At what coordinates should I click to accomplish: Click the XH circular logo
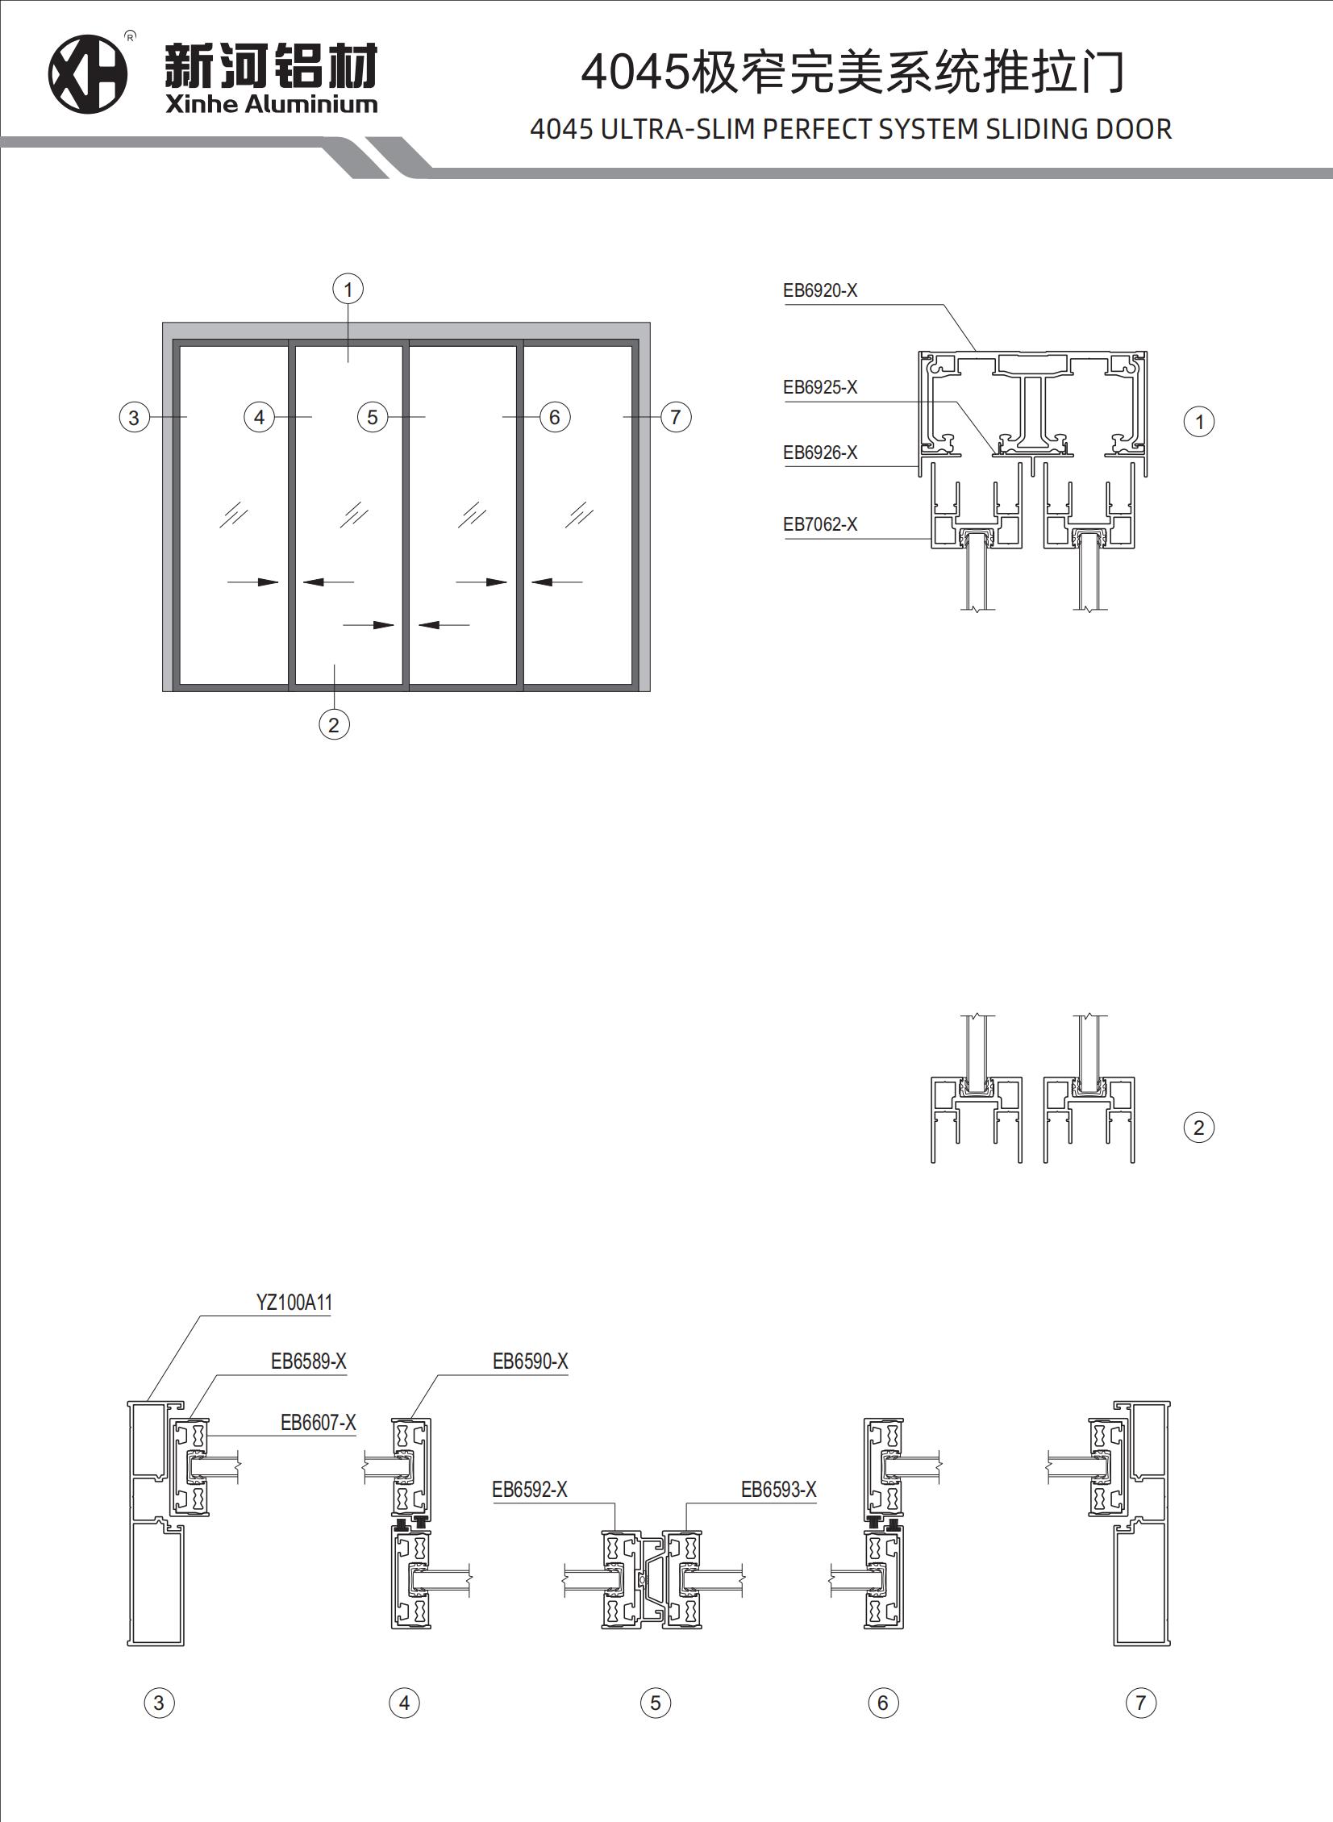(88, 74)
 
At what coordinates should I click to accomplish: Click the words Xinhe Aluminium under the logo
(271, 104)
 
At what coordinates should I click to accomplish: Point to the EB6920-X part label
(820, 290)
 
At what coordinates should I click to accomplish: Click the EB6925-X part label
(820, 387)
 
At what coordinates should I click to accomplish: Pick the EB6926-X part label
(820, 452)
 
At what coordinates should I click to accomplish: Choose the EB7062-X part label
(820, 524)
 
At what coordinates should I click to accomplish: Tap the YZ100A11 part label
(294, 1303)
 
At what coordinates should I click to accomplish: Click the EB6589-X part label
(308, 1361)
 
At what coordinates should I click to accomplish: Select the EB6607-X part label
(318, 1423)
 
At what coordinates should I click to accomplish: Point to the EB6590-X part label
(530, 1361)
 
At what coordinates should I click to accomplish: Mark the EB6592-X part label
(529, 1490)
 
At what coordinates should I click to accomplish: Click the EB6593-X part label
(779, 1490)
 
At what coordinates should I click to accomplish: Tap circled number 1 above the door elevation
(348, 289)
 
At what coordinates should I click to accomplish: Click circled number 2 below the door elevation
(334, 724)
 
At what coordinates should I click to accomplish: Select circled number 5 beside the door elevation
(372, 417)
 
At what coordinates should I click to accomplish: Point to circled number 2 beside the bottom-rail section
(1198, 1128)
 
